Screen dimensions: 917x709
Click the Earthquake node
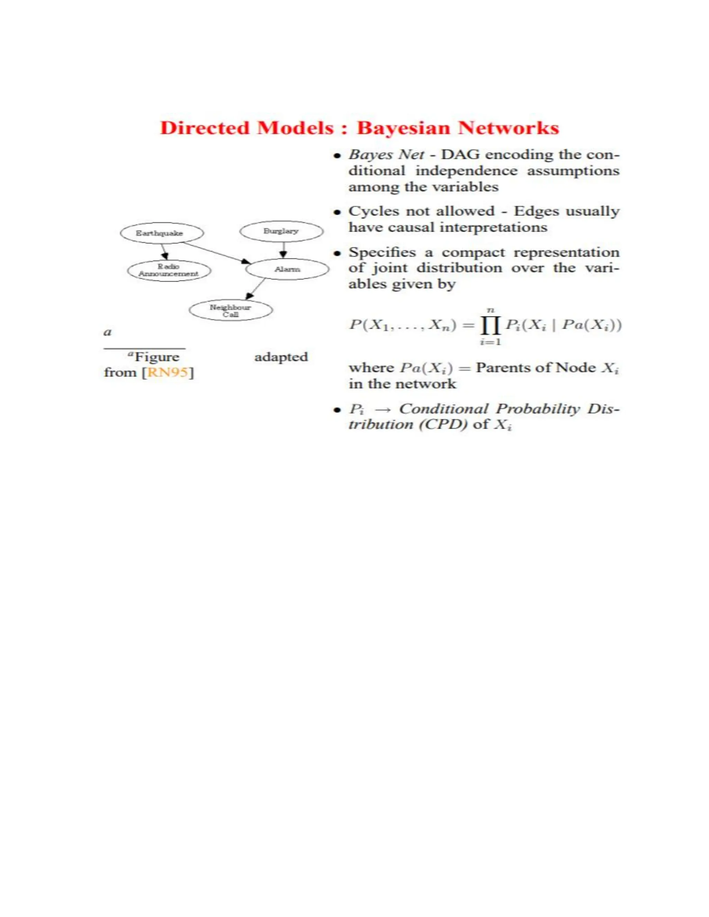(x=162, y=233)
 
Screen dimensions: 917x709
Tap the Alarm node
(x=287, y=269)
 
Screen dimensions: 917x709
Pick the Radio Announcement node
(x=169, y=270)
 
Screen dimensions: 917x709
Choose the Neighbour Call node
(x=231, y=311)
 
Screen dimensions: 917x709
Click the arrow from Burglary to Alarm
(x=283, y=250)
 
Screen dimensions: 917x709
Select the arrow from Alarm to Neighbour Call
(x=256, y=289)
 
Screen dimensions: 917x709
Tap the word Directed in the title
(x=205, y=128)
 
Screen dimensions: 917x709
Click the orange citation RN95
(x=168, y=372)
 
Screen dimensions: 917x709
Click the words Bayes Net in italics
(x=386, y=155)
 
